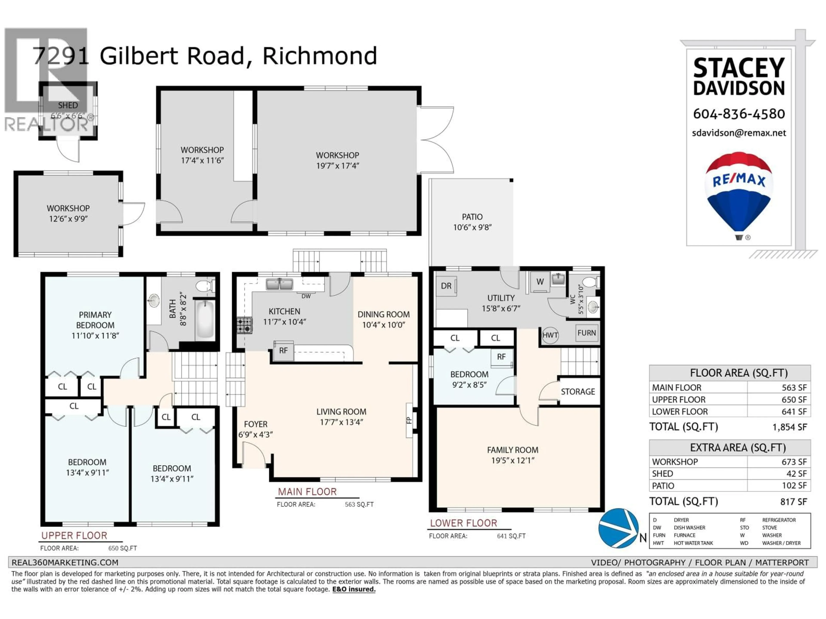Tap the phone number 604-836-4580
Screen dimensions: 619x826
(739, 114)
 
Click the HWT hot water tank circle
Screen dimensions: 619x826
(550, 335)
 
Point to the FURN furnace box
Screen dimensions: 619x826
(586, 333)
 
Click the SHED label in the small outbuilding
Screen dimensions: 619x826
(68, 106)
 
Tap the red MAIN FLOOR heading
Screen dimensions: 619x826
(307, 492)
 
